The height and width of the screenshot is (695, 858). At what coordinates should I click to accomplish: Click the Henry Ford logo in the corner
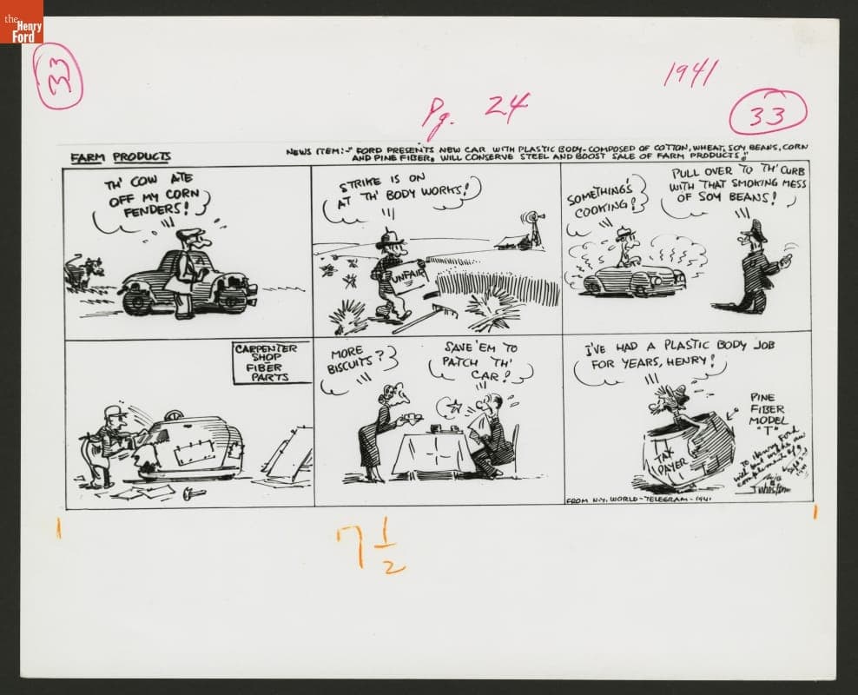(22, 22)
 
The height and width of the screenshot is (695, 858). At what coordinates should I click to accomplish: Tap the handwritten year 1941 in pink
(690, 73)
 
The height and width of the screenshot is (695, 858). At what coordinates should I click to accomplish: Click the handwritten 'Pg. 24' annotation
(474, 111)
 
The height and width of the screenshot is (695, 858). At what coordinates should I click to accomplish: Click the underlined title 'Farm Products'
(121, 156)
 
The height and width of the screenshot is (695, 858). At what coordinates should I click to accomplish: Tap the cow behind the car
(84, 272)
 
